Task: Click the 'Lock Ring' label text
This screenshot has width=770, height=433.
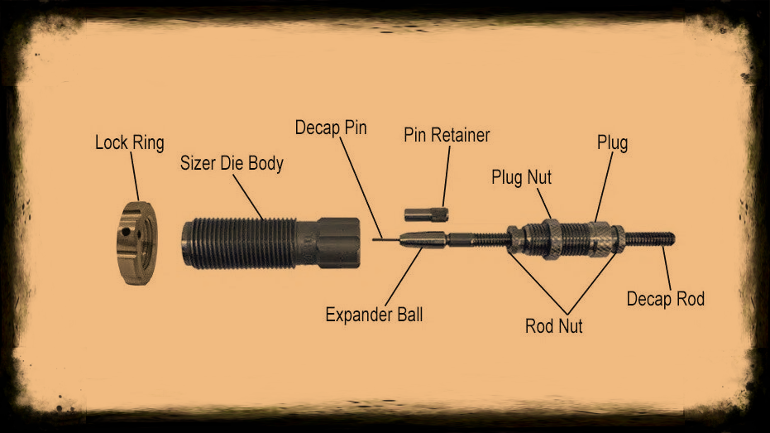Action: tap(130, 143)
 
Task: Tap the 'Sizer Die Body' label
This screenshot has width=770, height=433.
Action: tap(232, 164)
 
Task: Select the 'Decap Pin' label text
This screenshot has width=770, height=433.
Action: tap(331, 127)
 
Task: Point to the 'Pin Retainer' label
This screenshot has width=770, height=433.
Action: tap(447, 135)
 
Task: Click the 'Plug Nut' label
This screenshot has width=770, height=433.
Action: tap(522, 177)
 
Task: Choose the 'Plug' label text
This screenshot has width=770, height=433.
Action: tap(612, 143)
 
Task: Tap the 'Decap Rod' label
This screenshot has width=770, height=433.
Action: tap(666, 299)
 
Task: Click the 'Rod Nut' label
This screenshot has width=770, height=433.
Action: tap(554, 326)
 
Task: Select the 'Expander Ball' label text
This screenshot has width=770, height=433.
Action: tap(374, 315)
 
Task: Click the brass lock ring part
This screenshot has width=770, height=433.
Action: tap(136, 243)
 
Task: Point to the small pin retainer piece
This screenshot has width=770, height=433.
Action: tap(426, 214)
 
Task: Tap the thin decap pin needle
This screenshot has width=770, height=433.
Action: tap(386, 240)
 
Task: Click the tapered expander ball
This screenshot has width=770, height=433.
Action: tap(423, 240)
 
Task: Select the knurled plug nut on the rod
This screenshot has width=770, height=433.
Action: tap(552, 239)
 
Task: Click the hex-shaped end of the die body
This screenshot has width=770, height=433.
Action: tap(339, 243)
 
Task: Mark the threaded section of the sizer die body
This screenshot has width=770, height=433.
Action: tap(239, 243)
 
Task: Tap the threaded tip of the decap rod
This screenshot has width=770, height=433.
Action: tap(650, 239)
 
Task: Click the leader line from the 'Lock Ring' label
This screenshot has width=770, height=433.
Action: tap(135, 176)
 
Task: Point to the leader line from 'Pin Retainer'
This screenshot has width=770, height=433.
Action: tap(446, 176)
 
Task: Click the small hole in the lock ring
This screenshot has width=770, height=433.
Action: tap(127, 231)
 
